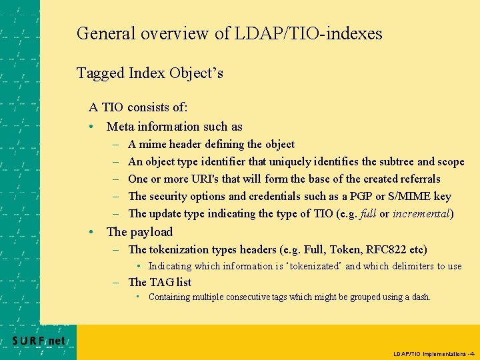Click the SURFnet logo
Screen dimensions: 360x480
pyautogui.click(x=39, y=341)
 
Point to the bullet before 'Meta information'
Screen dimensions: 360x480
pyautogui.click(x=92, y=127)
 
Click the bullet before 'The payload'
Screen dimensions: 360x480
pyautogui.click(x=92, y=232)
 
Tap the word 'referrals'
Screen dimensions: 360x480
pyautogui.click(x=420, y=179)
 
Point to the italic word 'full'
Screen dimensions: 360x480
pyautogui.click(x=367, y=213)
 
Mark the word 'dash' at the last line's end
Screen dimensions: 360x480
pyautogui.click(x=420, y=297)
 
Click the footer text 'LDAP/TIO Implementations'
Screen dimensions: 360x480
pyautogui.click(x=429, y=353)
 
